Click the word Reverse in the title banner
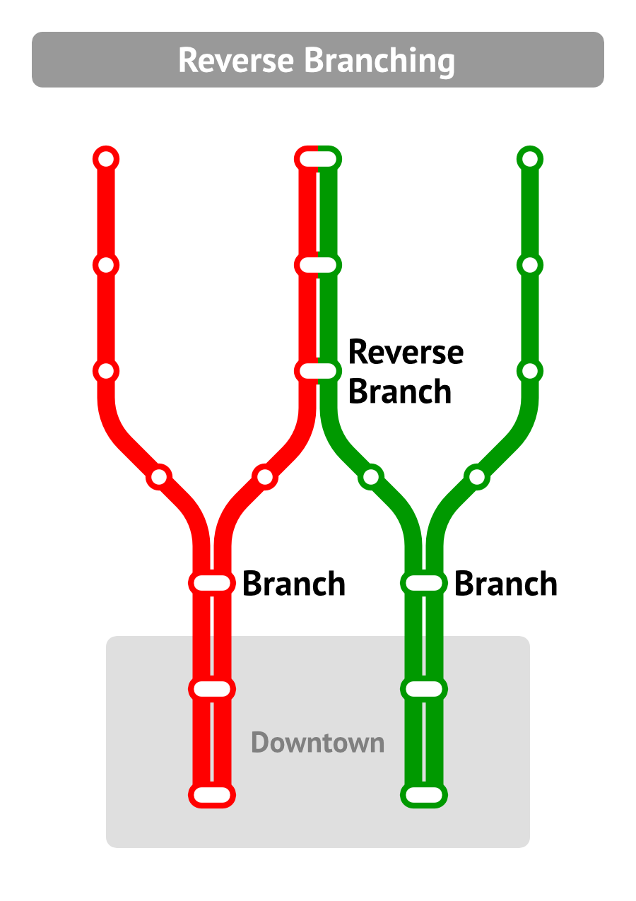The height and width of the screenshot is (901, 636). [237, 60]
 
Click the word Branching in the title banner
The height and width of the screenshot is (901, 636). [379, 61]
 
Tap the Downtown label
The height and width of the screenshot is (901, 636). [317, 743]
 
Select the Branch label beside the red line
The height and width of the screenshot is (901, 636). [293, 584]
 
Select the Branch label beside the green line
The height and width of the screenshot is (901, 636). [505, 584]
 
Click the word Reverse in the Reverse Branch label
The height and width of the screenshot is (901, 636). [406, 351]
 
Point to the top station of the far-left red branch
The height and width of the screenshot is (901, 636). [106, 159]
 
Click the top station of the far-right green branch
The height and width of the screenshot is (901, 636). [530, 159]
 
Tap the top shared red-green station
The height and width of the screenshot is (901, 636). [318, 159]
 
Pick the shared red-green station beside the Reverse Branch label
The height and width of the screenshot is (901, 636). [318, 370]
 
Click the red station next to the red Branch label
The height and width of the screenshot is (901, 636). [212, 583]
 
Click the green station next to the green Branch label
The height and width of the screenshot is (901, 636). [424, 583]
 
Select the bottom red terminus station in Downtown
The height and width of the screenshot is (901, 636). [212, 795]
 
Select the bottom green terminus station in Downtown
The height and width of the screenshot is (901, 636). [424, 795]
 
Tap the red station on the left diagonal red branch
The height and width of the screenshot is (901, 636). [159, 477]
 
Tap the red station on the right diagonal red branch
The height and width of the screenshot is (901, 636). [265, 477]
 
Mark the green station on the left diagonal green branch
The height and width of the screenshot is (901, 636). [371, 477]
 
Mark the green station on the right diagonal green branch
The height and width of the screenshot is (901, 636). [477, 477]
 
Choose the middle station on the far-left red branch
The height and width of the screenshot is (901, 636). [106, 265]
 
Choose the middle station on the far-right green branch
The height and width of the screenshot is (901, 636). [530, 265]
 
